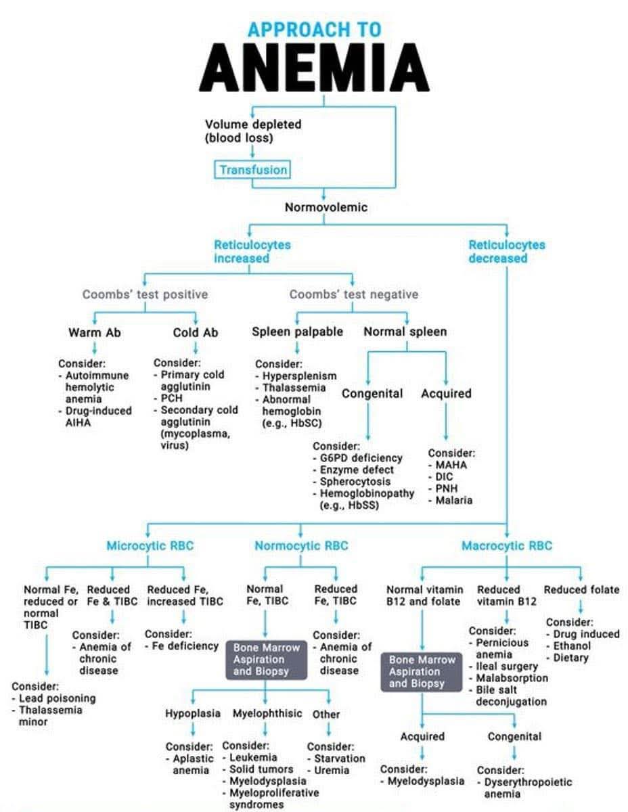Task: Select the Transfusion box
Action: pos(252,170)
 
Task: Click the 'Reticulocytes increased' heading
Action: pos(252,251)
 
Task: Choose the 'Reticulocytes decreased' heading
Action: pos(506,251)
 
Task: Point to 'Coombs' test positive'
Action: pos(145,294)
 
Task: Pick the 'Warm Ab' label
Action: pos(94,332)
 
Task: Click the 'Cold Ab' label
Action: pos(195,332)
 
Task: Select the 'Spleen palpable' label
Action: pos(297,332)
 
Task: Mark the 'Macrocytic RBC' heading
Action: pos(506,545)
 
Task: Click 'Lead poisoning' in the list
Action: pos(57,698)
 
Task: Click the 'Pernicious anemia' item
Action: pos(501,648)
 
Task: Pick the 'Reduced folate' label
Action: pos(581,589)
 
